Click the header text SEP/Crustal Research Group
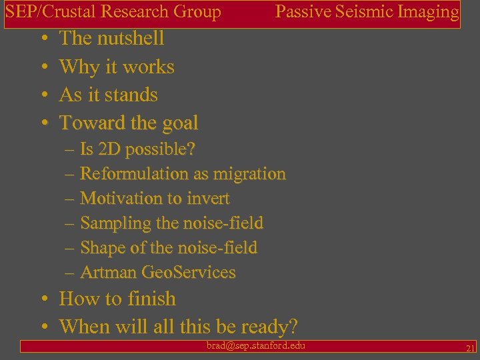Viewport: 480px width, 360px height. pos(113,11)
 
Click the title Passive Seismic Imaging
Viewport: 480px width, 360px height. pos(367,11)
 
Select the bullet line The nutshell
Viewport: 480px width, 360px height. pos(111,38)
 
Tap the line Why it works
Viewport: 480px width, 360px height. pos(117,67)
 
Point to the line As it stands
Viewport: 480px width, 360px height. pos(108,95)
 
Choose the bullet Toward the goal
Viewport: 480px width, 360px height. pos(129,123)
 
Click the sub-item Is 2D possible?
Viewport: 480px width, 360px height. pos(137,149)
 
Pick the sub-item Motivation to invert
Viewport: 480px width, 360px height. pos(155,199)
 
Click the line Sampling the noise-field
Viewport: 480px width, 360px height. pos(171,223)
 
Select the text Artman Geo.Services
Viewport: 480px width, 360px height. pos(157,273)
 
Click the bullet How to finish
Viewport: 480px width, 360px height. pos(117,299)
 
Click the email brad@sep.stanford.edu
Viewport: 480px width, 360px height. pos(256,345)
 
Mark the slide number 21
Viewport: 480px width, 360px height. pos(470,348)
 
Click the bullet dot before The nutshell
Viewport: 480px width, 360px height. pos(44,39)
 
